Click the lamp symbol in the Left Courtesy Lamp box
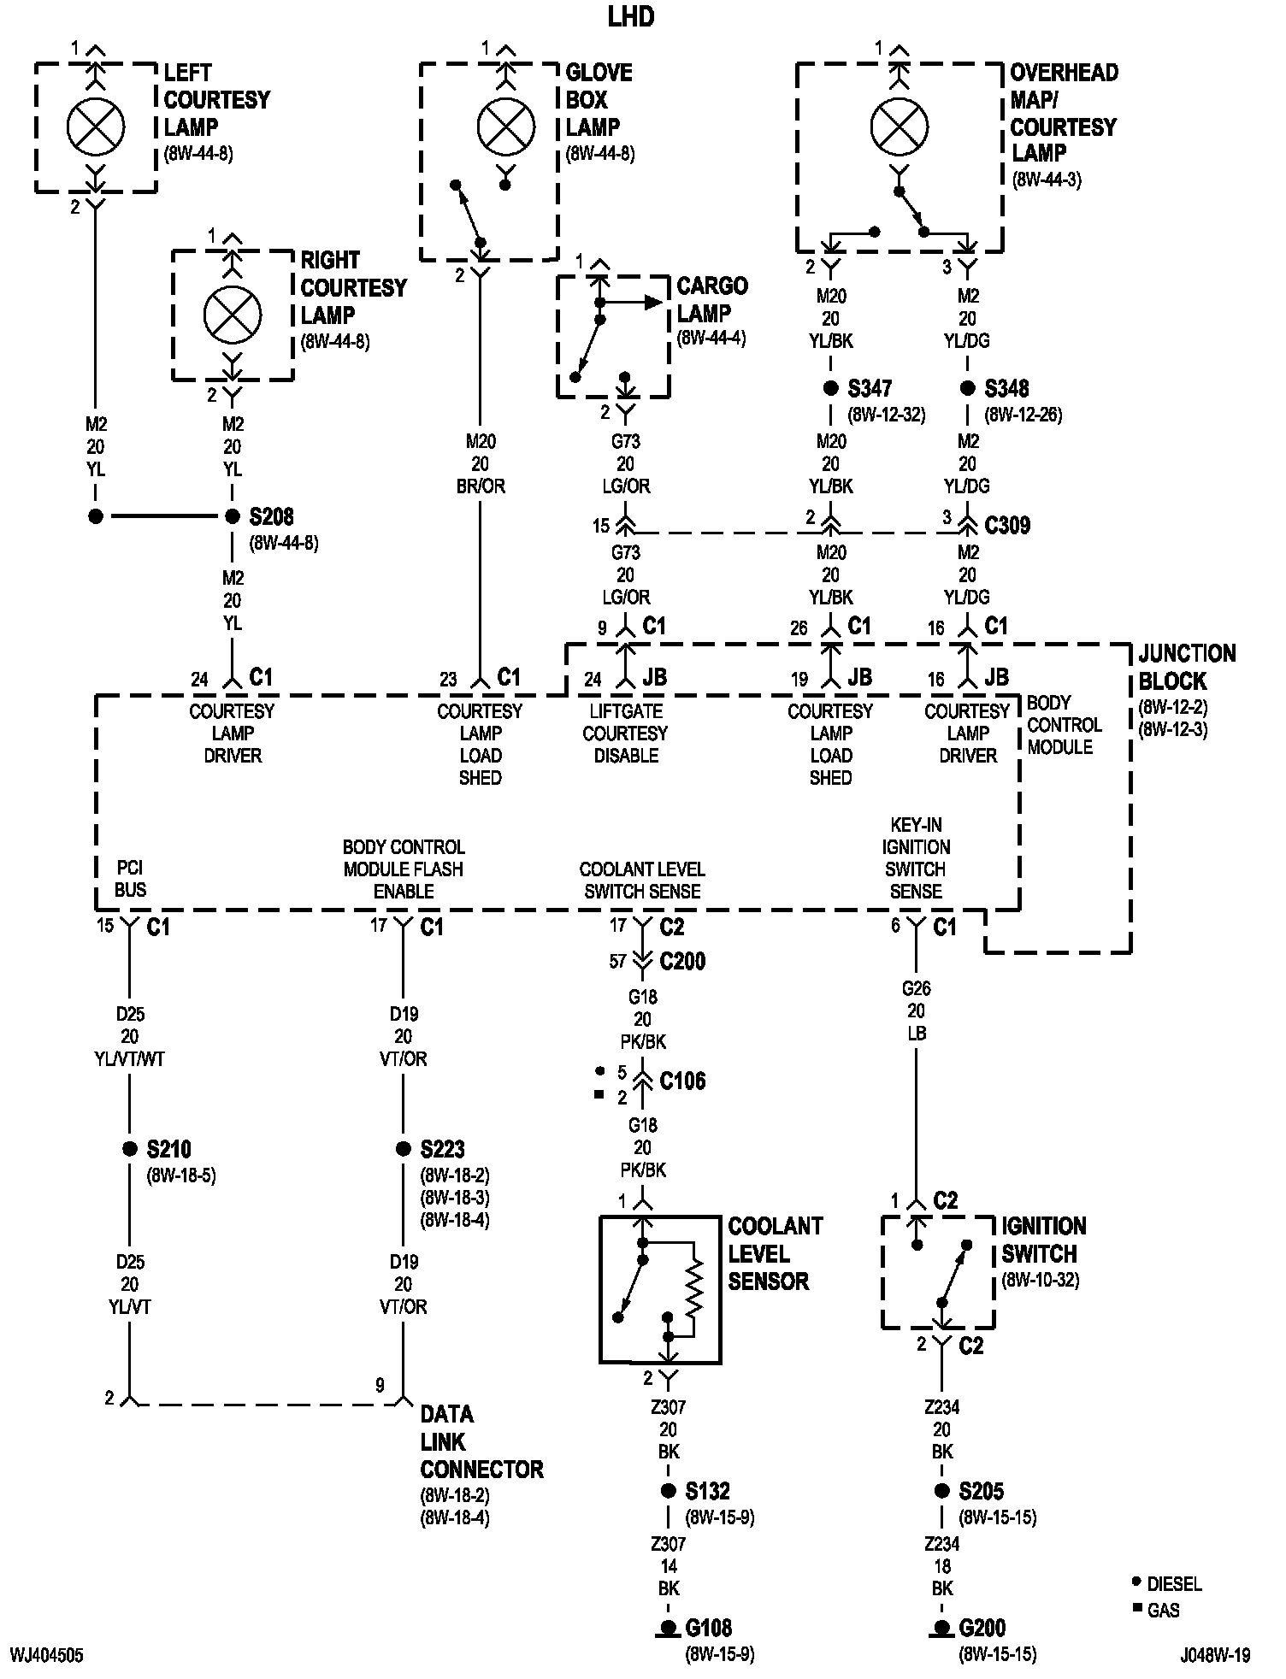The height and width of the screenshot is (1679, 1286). click(96, 127)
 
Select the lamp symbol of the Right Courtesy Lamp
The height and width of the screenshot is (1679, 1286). click(233, 315)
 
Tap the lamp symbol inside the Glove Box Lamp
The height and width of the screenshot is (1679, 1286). click(505, 127)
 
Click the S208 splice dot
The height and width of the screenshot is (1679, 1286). click(232, 516)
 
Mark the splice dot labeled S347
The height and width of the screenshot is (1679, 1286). click(830, 388)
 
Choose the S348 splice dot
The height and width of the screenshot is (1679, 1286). click(967, 388)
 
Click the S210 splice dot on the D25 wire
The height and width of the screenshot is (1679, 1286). click(129, 1149)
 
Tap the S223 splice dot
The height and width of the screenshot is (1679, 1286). click(403, 1149)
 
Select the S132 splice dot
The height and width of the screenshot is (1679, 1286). click(669, 1491)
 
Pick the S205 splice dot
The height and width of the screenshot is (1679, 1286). click(941, 1491)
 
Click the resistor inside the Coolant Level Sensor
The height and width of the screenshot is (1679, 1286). click(694, 1287)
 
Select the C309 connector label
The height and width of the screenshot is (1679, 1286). click(1007, 525)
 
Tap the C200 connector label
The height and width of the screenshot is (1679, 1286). click(682, 961)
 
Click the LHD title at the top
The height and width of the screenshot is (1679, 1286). click(631, 16)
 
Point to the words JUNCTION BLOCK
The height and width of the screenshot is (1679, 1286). click(1187, 668)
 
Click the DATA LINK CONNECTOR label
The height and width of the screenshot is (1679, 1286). click(481, 1442)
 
